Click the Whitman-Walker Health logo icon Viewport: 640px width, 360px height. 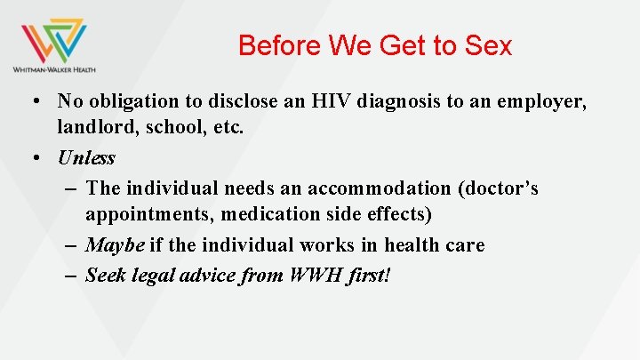coord(54,39)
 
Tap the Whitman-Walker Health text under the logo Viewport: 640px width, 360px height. coord(54,68)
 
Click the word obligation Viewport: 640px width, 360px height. coord(136,101)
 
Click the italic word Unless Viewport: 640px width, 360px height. coord(86,158)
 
